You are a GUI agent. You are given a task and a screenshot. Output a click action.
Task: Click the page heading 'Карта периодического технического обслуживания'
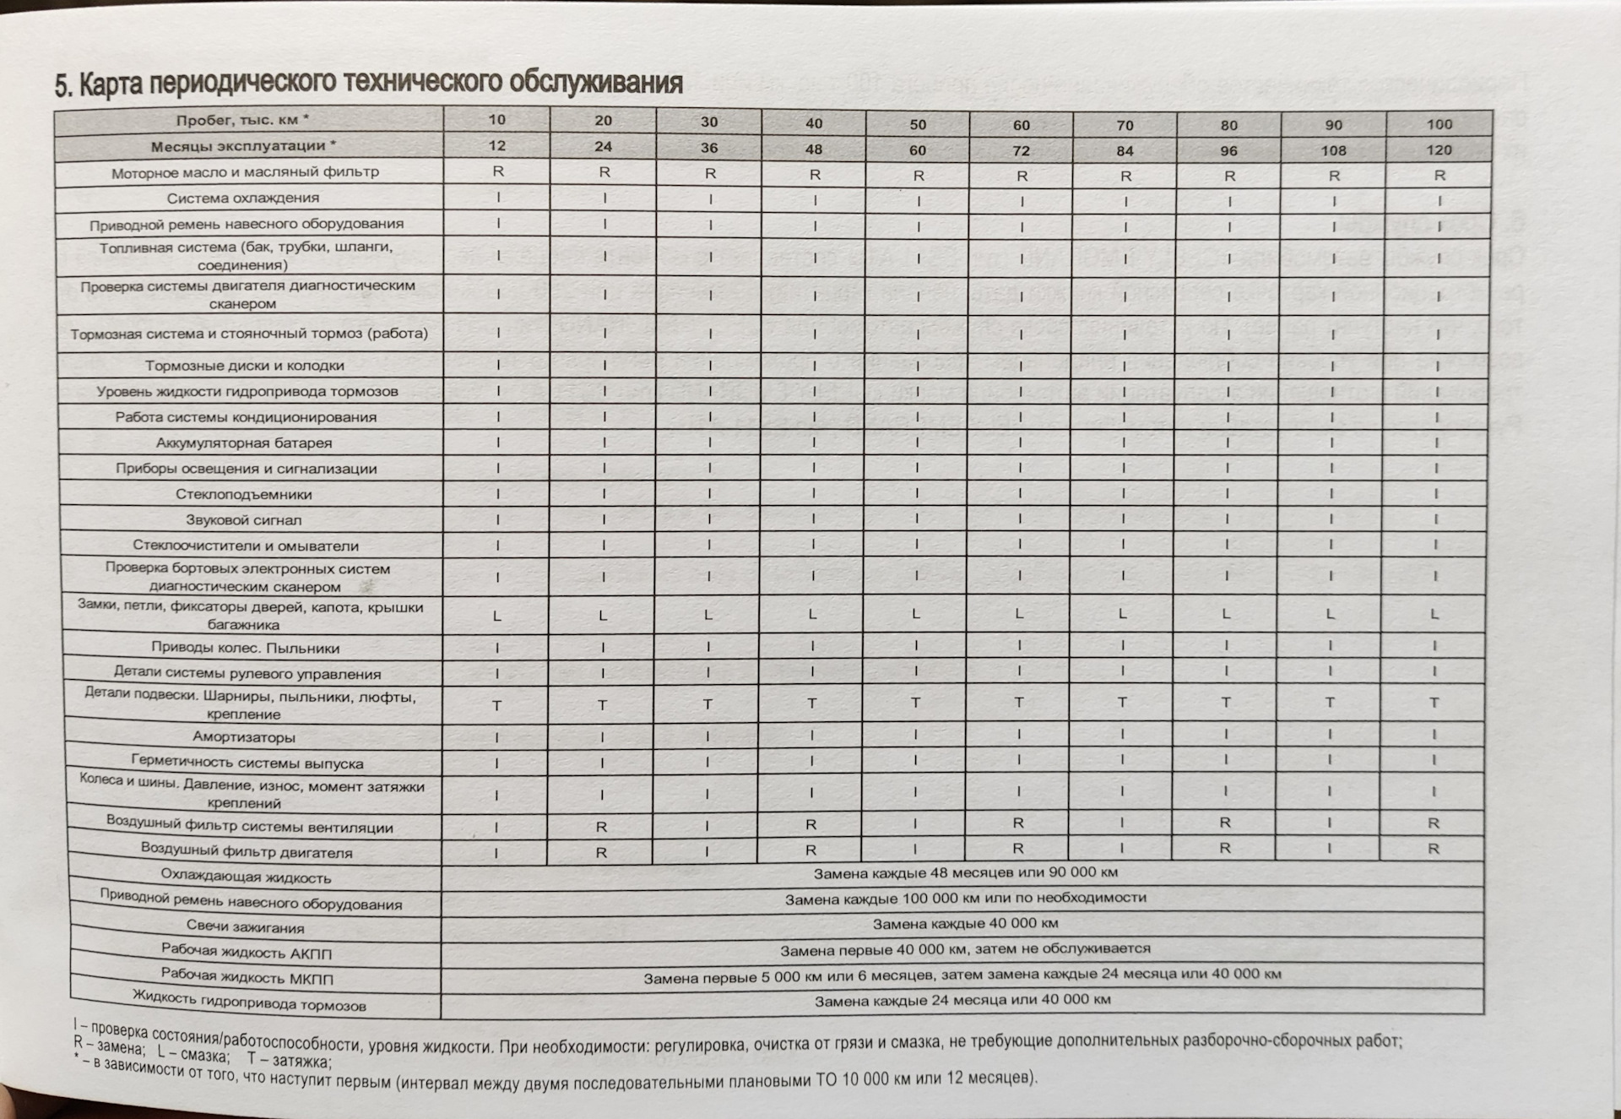[x=368, y=83]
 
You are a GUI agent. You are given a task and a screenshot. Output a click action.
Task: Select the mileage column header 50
[x=918, y=124]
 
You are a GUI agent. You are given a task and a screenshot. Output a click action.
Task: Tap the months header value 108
[x=1333, y=150]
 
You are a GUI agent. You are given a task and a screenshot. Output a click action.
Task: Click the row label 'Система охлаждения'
[x=243, y=198]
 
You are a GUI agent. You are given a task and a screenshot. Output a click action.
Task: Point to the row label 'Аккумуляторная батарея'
[x=244, y=443]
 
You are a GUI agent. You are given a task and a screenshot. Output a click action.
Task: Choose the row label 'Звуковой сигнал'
[x=243, y=520]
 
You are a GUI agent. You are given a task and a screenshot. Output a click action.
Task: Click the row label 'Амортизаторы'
[x=244, y=737]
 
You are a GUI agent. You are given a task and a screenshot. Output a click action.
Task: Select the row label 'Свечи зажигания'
[x=245, y=927]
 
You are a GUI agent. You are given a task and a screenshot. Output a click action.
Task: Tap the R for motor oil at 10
[x=498, y=171]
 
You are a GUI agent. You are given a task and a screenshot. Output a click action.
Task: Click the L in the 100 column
[x=1434, y=614]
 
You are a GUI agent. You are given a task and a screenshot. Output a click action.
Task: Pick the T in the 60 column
[x=1019, y=702]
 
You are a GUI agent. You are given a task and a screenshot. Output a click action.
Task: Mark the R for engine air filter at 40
[x=810, y=850]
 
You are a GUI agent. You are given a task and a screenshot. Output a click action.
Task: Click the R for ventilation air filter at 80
[x=1225, y=823]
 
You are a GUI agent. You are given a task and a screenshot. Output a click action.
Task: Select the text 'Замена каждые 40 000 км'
[x=965, y=923]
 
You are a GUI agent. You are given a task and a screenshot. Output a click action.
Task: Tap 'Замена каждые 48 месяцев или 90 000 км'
[x=965, y=872]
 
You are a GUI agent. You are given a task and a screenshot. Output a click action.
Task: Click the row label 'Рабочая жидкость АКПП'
[x=247, y=953]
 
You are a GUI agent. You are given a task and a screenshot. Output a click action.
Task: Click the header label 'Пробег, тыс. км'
[x=242, y=120]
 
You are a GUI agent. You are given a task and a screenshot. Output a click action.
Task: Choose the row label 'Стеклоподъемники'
[x=244, y=494]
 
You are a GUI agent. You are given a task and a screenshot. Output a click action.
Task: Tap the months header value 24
[x=603, y=146]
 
